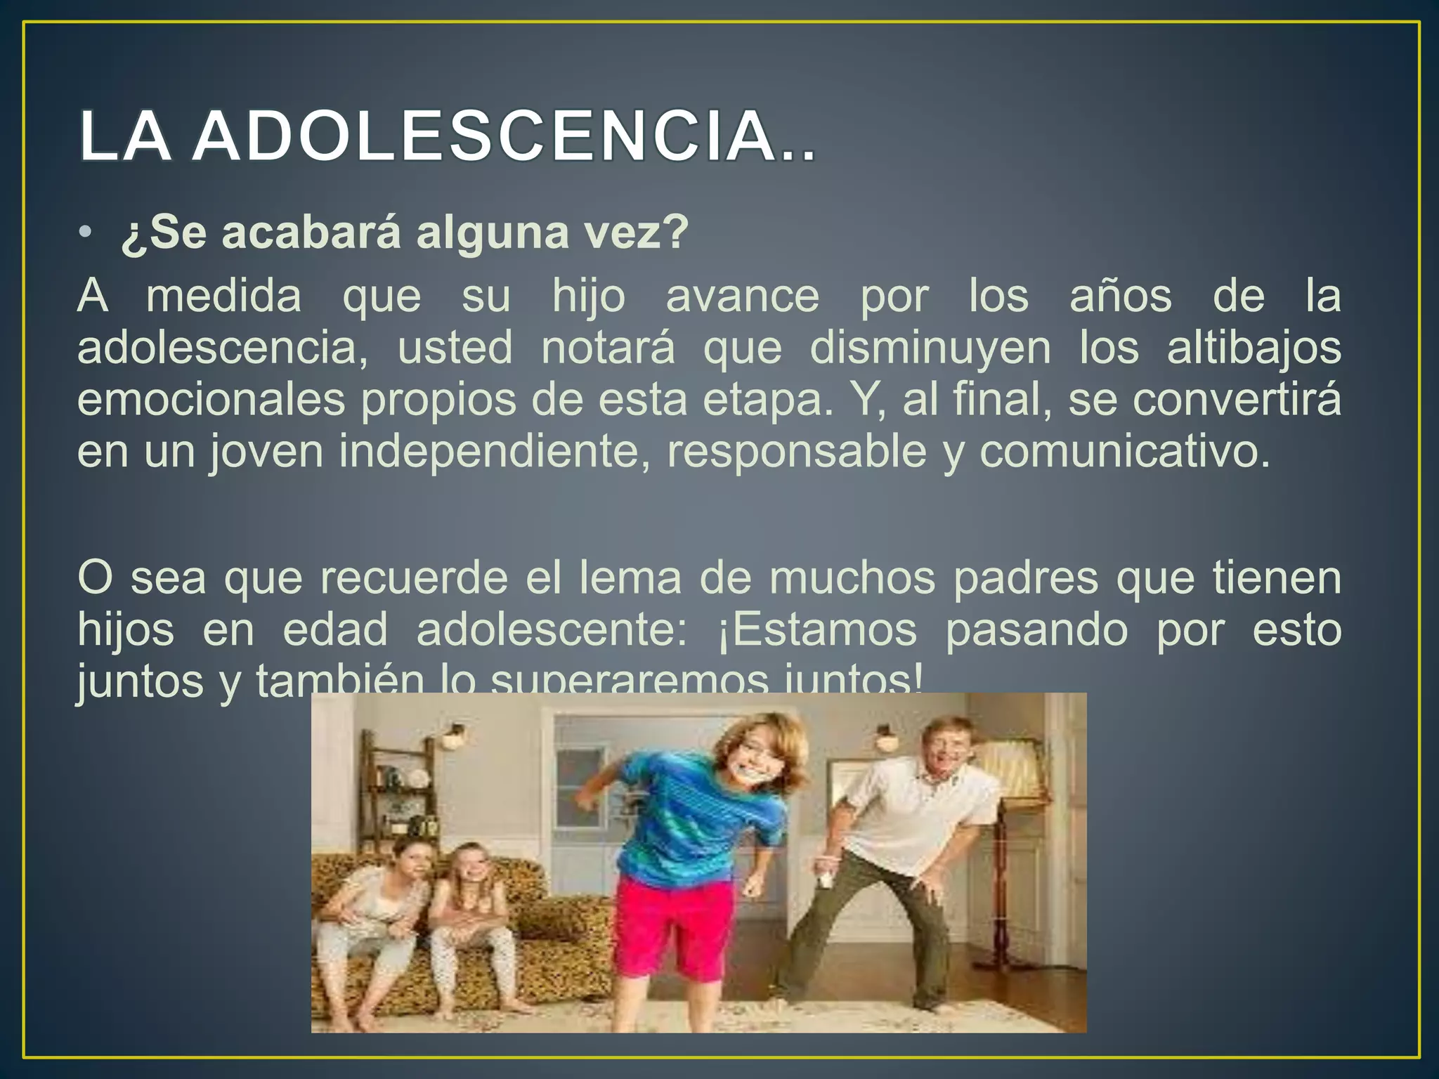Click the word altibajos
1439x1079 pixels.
(x=1254, y=348)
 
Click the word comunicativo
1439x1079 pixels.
(x=1125, y=451)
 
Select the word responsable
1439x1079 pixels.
(x=797, y=451)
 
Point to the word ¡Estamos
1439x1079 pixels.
(x=817, y=629)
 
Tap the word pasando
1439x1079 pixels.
(x=1036, y=629)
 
